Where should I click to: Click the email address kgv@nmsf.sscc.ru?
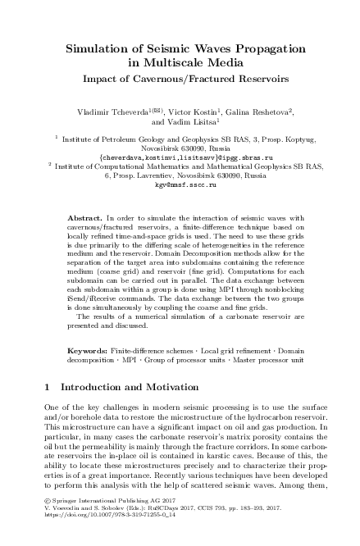180,186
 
